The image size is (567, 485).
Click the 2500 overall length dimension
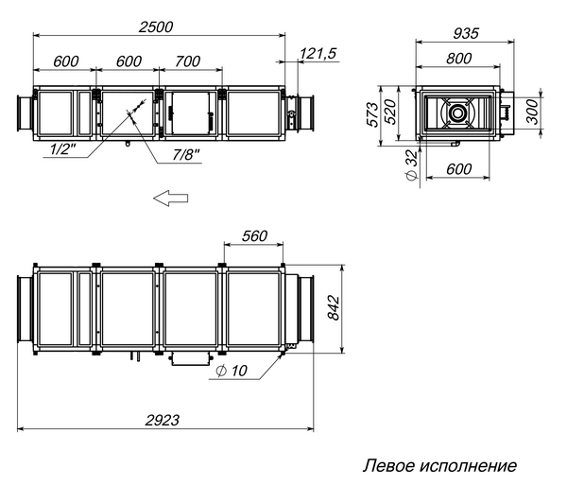point(155,27)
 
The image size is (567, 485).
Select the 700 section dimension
point(188,61)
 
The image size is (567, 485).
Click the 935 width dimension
point(464,33)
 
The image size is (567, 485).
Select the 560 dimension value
point(252,236)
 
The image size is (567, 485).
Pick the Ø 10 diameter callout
point(232,372)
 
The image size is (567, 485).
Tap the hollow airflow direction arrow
point(171,198)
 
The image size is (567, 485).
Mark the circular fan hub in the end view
point(457,113)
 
